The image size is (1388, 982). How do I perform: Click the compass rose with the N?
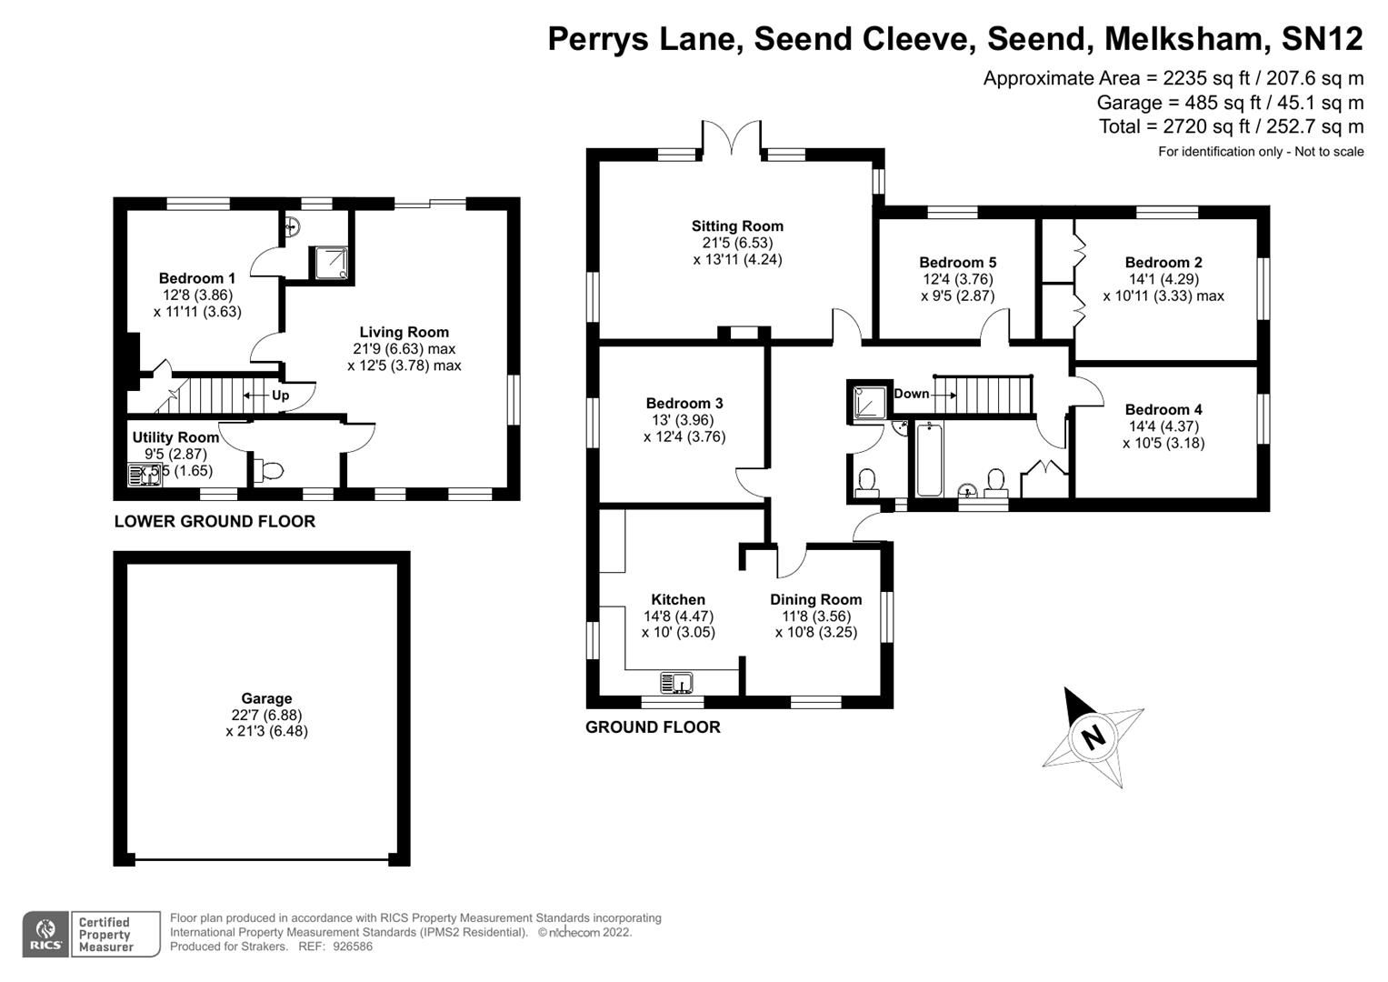pos(1093,736)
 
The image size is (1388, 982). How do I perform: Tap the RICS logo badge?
pos(45,934)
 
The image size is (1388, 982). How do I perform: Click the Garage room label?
pos(266,698)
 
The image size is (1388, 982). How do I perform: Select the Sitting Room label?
pos(737,226)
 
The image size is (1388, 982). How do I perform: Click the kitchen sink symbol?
pos(677,682)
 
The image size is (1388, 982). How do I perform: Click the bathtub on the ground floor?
pos(929,460)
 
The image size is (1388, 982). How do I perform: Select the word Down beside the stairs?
pos(912,394)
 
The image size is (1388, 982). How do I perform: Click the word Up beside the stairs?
pos(281,396)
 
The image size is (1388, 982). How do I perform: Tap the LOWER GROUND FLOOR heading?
pos(215,521)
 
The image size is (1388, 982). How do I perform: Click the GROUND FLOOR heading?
pos(653,726)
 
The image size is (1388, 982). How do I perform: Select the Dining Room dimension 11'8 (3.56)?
pos(815,616)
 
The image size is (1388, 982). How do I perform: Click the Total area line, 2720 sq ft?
pos(1231,126)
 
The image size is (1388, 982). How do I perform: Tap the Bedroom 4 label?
pos(1163,410)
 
